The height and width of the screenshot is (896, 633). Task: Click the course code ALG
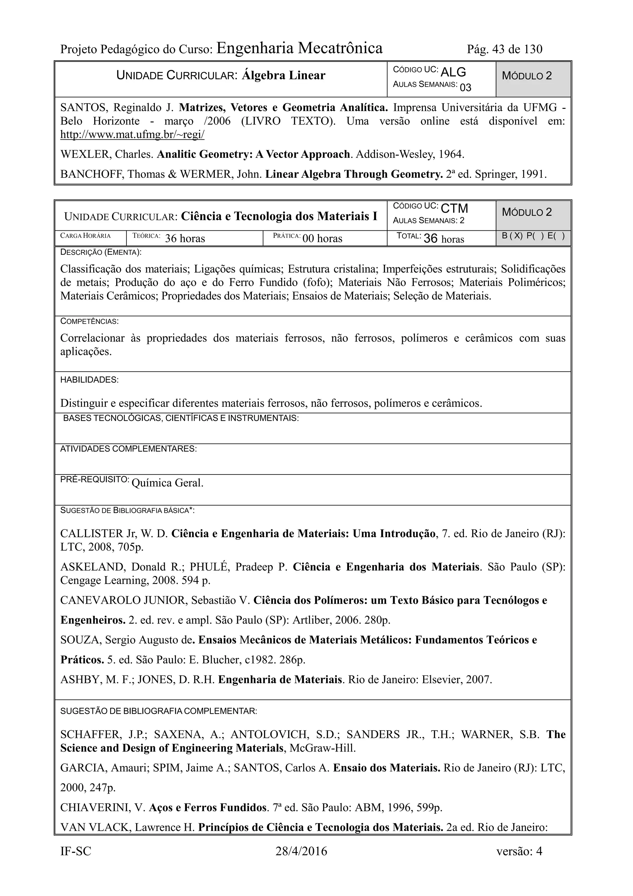[453, 72]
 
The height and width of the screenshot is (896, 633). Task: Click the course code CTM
[454, 208]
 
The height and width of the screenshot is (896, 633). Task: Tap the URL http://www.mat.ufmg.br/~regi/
[132, 135]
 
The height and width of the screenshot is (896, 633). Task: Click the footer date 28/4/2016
[301, 851]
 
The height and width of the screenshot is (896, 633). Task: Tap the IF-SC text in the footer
[76, 851]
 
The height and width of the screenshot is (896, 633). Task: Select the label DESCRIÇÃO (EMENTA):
[101, 252]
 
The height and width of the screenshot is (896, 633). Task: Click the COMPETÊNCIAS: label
[89, 322]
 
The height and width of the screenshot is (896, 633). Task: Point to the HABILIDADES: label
[89, 380]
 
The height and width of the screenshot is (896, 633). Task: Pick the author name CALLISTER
[92, 534]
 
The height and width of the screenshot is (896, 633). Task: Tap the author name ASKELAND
[92, 567]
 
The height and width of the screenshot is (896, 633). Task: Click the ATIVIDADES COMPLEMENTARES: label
[128, 449]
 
